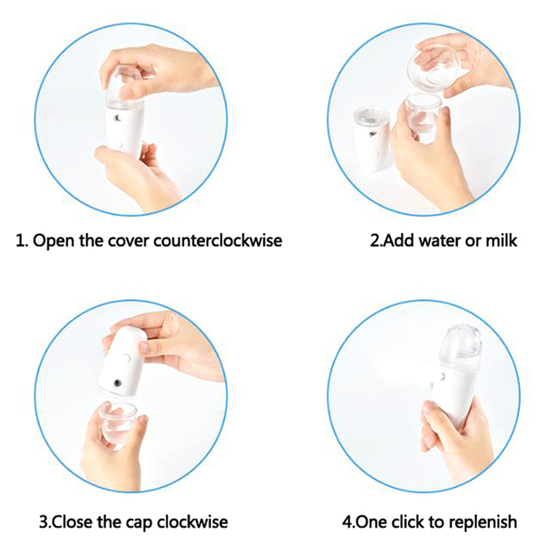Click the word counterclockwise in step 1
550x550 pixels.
pos(217,241)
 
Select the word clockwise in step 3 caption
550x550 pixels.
pos(192,522)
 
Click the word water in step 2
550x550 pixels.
pos(440,241)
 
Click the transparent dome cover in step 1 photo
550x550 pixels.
pos(125,84)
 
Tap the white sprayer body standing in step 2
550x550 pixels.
pos(372,140)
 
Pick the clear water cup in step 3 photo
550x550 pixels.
pos(118,421)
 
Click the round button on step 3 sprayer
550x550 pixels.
pos(126,358)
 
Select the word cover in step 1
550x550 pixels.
pos(129,241)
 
